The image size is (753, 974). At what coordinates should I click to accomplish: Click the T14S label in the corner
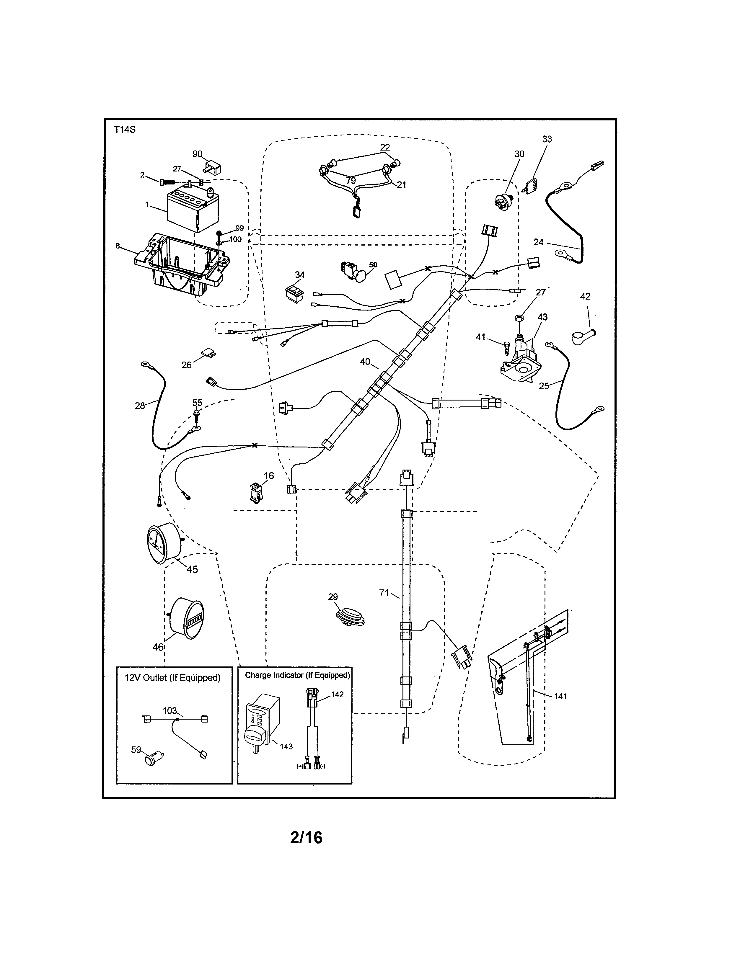(124, 130)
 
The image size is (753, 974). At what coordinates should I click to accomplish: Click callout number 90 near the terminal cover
(197, 154)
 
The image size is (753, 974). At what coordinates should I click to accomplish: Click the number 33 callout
(547, 139)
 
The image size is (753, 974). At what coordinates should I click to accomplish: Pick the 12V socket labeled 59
(153, 758)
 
